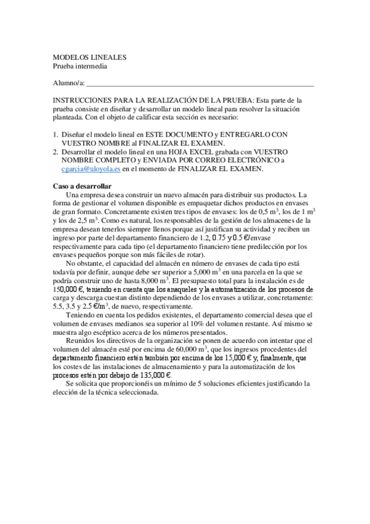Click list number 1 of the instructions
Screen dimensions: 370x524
tap(55, 134)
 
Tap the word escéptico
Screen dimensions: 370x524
tap(117, 332)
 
